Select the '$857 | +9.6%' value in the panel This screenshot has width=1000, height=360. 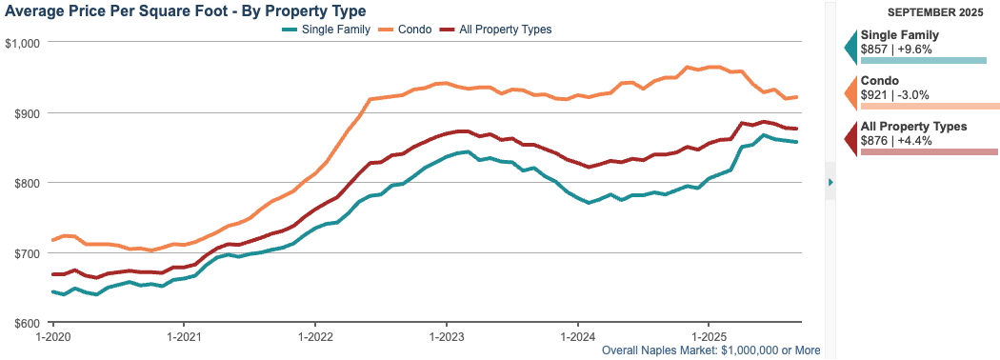tap(896, 48)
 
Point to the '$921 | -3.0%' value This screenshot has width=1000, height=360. tap(894, 94)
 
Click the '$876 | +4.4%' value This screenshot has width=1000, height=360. tap(896, 140)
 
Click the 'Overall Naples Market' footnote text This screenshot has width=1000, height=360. tap(711, 350)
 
